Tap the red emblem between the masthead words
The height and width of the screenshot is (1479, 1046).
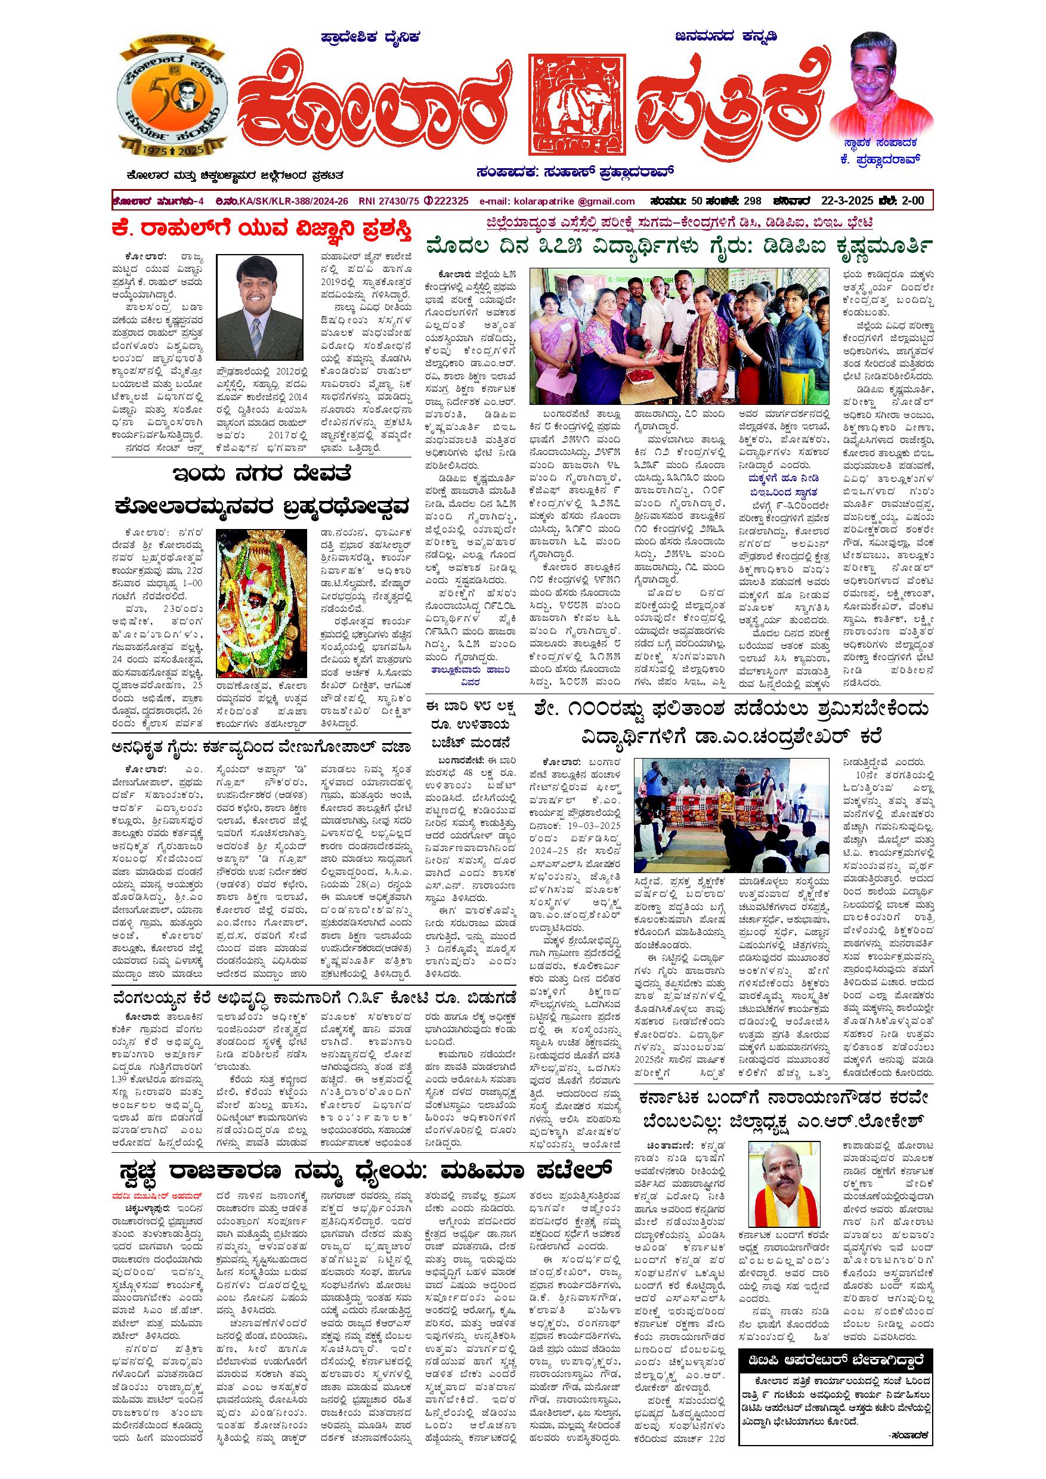click(x=577, y=105)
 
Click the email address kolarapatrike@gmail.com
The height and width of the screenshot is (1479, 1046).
click(x=557, y=201)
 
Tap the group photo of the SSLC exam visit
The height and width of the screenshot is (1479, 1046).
click(x=679, y=336)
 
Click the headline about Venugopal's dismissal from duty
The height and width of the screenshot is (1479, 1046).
click(x=260, y=747)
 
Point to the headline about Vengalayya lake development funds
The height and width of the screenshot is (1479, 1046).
click(x=314, y=997)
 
